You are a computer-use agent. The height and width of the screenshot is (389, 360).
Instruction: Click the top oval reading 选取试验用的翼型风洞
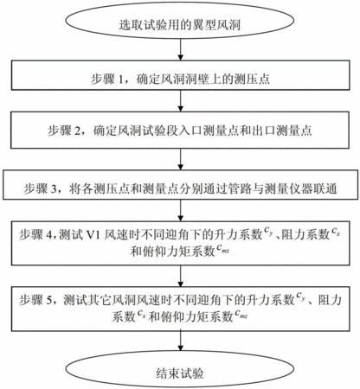pos(180,20)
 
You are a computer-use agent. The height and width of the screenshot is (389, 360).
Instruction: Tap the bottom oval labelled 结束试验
pos(180,369)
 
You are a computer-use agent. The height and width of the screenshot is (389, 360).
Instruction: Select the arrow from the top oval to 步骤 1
pos(181,49)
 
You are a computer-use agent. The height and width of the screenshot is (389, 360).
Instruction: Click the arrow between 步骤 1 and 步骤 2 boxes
pos(181,101)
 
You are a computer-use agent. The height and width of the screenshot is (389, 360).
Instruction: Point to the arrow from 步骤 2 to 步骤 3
pos(181,159)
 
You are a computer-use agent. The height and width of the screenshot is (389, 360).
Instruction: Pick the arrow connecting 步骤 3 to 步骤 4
pos(181,210)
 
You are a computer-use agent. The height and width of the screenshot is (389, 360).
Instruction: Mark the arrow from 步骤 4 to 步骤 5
pos(181,276)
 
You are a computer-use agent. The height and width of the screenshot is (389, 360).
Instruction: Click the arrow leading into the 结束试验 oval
pos(181,341)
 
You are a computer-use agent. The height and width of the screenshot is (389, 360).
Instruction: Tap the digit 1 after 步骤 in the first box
pos(121,80)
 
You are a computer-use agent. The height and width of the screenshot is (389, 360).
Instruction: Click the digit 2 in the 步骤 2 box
pos(78,131)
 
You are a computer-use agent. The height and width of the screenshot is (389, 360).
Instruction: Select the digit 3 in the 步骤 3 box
pos(54,189)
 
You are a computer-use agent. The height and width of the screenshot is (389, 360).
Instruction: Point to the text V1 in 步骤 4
pos(93,235)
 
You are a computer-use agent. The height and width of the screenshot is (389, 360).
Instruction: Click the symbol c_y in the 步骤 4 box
pos(269,232)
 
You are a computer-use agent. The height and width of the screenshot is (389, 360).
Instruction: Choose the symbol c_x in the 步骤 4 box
pos(336,232)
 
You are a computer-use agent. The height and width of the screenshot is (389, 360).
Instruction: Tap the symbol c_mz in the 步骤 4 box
pos(223,249)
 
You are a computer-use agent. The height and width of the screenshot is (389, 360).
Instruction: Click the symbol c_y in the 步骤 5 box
pos(300,297)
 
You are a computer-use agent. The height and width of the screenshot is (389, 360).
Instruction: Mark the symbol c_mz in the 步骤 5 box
pos(241,314)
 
